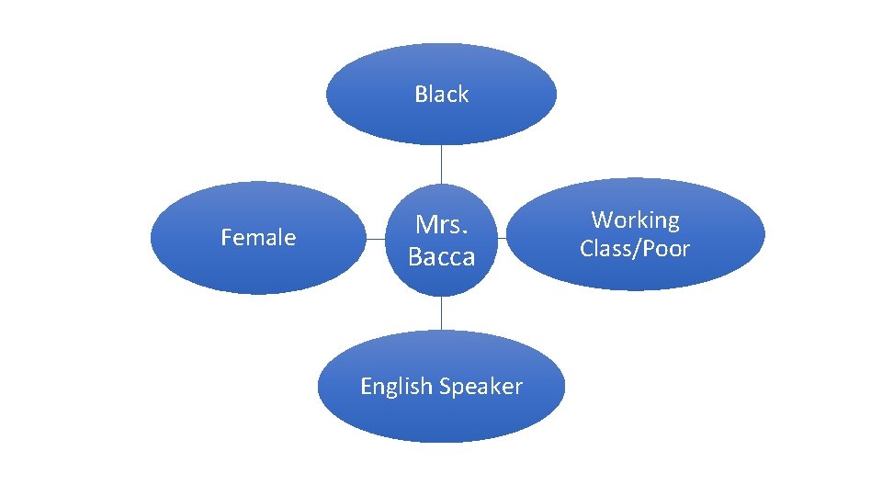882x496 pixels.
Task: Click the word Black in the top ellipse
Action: [x=441, y=95]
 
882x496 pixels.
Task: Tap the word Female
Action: [x=258, y=238]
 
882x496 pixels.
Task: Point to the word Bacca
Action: [x=441, y=257]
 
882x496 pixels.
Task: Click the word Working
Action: [x=635, y=220]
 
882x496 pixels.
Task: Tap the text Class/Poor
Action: [x=635, y=249]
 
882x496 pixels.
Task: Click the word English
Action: [x=396, y=387]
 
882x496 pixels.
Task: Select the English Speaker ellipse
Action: [x=441, y=418]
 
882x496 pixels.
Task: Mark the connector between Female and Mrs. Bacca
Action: [x=374, y=239]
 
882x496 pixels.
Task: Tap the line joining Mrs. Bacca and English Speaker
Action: [x=441, y=312]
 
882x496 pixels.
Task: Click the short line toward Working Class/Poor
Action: [x=503, y=239]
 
